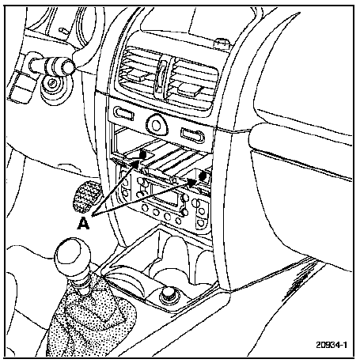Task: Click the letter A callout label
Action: [x=83, y=224]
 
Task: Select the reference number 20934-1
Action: [x=332, y=345]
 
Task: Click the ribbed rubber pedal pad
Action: [x=86, y=195]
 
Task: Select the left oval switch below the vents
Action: [x=123, y=113]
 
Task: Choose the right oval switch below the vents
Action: [x=192, y=135]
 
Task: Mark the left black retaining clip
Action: [x=143, y=154]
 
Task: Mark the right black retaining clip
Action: [x=203, y=176]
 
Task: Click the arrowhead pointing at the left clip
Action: [x=135, y=164]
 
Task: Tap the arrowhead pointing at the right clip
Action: [x=192, y=181]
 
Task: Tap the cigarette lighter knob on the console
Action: [x=169, y=296]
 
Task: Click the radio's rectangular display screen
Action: [x=163, y=195]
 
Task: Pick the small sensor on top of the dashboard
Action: [x=223, y=43]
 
